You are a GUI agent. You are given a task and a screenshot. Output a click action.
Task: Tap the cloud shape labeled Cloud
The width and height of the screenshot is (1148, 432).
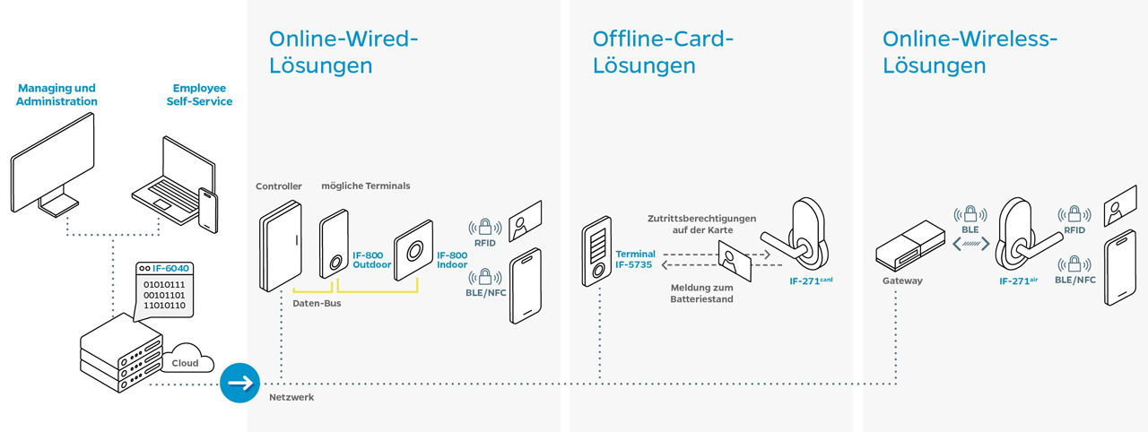(x=187, y=360)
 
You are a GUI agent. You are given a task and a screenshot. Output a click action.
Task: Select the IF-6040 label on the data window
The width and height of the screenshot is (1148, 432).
(x=170, y=269)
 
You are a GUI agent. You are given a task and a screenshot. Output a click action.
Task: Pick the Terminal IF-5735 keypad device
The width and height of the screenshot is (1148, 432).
(x=596, y=253)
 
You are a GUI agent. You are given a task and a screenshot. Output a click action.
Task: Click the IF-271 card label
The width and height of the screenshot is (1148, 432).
(x=811, y=281)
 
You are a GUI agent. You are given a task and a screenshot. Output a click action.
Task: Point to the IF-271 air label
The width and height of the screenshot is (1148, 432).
(x=1018, y=281)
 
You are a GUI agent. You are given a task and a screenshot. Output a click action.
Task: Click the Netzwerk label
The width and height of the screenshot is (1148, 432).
(x=291, y=396)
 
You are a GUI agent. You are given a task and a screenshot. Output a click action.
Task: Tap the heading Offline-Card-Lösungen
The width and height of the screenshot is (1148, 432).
(x=663, y=52)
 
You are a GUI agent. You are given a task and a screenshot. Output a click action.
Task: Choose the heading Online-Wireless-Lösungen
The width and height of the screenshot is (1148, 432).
(x=970, y=52)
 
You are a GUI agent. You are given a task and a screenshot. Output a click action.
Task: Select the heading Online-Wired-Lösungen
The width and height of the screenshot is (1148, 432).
(x=344, y=52)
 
